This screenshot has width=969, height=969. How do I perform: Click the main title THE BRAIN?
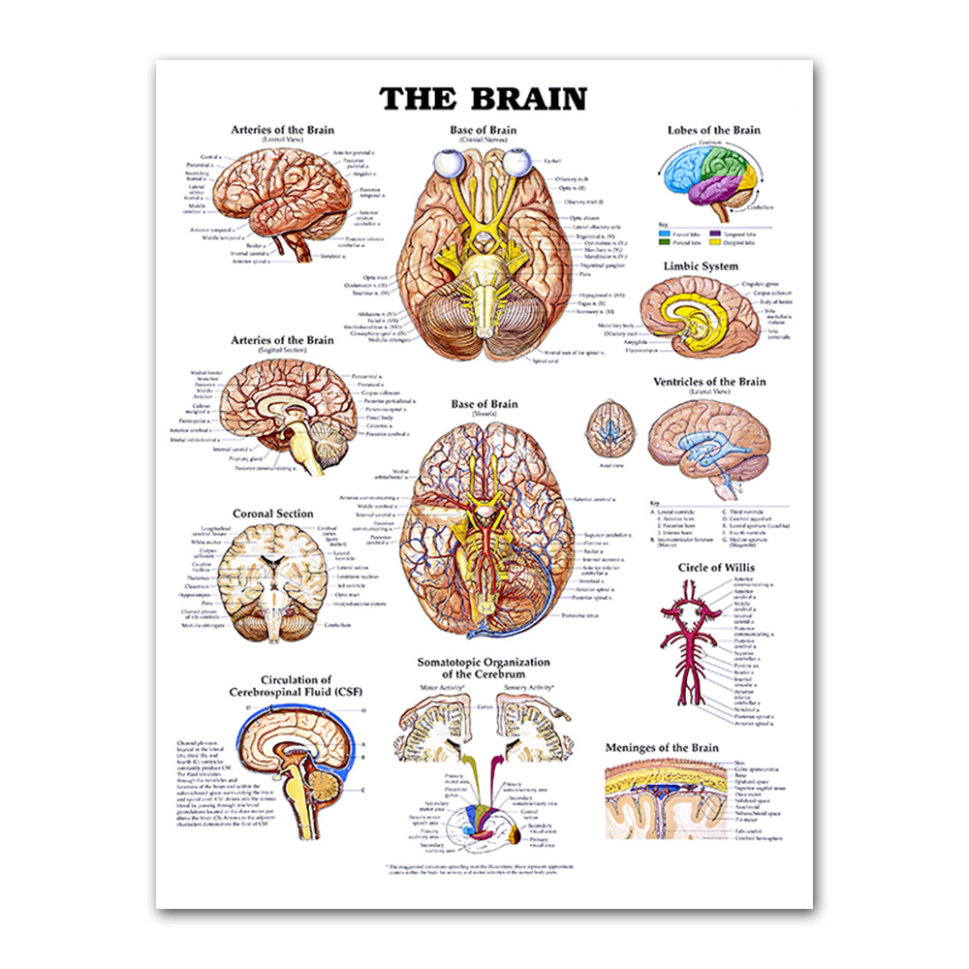[x=483, y=100]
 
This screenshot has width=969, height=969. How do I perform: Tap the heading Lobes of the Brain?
[x=713, y=130]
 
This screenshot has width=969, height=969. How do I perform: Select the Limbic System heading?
[x=701, y=266]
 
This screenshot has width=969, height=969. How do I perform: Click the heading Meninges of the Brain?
[x=662, y=748]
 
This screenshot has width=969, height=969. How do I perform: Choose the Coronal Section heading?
[x=272, y=514]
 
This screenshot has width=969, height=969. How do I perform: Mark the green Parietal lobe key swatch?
[x=665, y=242]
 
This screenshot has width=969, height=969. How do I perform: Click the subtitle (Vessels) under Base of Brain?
[x=484, y=414]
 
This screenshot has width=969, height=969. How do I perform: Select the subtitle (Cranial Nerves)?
[x=484, y=140]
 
